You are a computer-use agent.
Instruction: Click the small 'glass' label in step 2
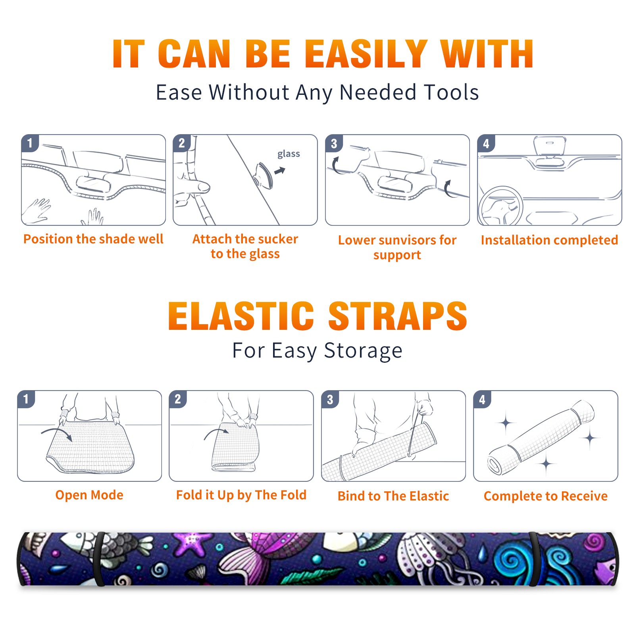click(289, 154)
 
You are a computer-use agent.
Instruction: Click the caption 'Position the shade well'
click(93, 239)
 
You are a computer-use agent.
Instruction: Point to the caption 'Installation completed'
click(549, 240)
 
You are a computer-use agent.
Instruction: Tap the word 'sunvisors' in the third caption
click(407, 240)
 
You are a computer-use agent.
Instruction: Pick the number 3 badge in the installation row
click(334, 144)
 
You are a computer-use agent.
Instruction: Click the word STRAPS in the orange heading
click(398, 316)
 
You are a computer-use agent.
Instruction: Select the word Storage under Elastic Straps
click(363, 351)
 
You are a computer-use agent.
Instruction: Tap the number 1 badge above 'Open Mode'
click(26, 399)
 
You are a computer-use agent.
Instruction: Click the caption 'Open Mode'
click(89, 495)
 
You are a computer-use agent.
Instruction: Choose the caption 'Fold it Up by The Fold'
click(241, 495)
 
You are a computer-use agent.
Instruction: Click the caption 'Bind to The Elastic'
click(393, 496)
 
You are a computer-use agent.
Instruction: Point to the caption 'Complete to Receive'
click(546, 496)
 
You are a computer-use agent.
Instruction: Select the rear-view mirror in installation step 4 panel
click(550, 146)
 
